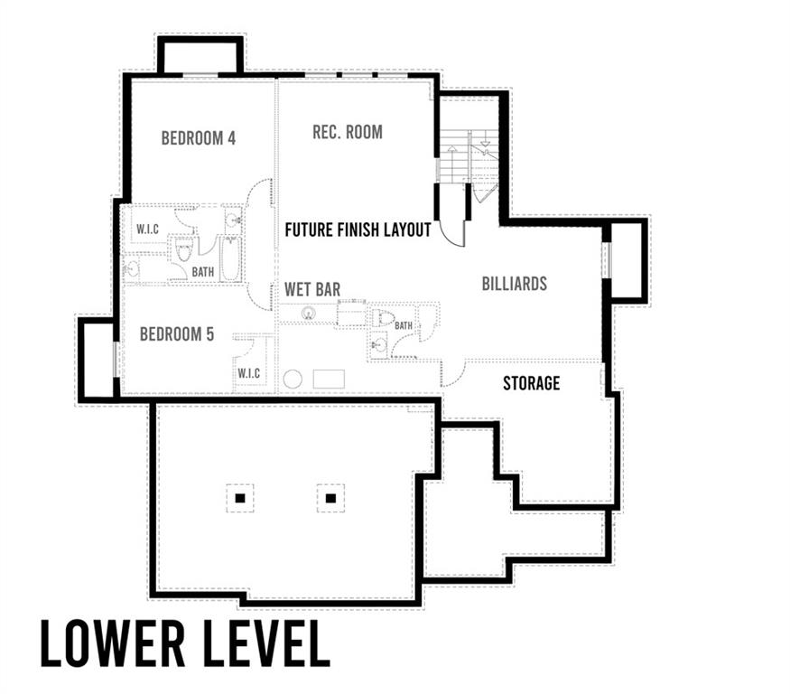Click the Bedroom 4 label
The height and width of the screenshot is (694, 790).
point(199,137)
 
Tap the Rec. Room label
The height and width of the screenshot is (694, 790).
point(348,132)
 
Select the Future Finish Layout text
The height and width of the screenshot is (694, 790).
point(358,230)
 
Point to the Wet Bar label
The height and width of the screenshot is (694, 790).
point(312,289)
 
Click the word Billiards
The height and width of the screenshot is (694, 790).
point(515,284)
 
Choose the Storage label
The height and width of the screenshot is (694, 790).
point(532,383)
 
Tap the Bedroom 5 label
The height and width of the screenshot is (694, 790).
point(177,333)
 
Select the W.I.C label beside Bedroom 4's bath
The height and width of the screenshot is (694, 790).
point(148,230)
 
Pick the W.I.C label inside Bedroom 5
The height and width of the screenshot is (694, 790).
point(249,373)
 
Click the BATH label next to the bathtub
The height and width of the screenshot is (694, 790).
point(203,272)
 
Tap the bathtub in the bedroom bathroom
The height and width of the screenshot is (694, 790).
point(232,259)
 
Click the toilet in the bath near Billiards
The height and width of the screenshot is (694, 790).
point(384,318)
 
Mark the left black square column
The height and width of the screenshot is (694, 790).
point(240,498)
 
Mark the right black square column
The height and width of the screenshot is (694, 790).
point(330,498)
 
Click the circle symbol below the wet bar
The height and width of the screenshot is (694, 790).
point(293,380)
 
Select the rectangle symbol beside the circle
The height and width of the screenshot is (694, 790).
point(329,379)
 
